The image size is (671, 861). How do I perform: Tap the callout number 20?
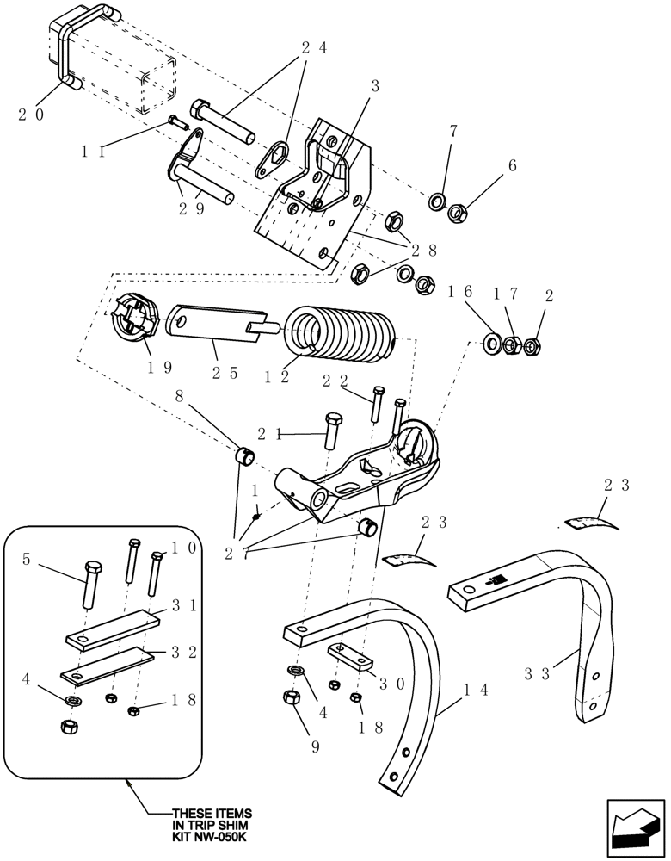point(31,115)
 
